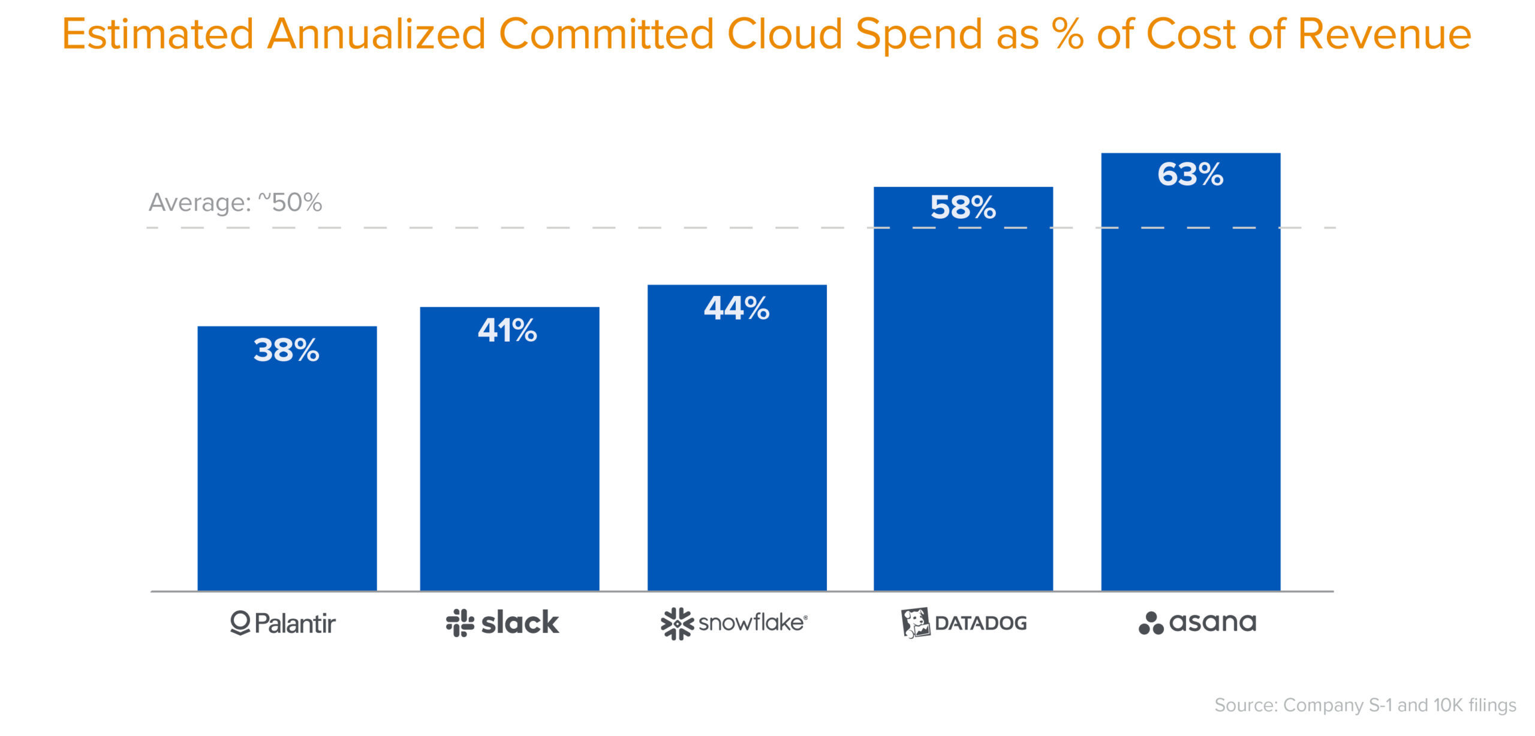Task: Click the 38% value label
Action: (x=286, y=350)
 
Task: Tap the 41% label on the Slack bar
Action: (x=507, y=330)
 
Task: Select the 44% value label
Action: (x=736, y=308)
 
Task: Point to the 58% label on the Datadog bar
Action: (x=963, y=207)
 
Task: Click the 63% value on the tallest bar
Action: (x=1190, y=174)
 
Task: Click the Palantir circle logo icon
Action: (x=240, y=623)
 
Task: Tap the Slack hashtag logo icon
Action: (x=460, y=623)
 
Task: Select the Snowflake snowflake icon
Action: (x=677, y=623)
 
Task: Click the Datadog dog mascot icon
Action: (x=915, y=623)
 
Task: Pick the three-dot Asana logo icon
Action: (x=1151, y=623)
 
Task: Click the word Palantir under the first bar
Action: (x=295, y=623)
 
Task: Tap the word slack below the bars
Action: (x=520, y=623)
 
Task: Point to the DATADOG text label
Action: (x=980, y=623)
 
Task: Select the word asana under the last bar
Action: (x=1212, y=623)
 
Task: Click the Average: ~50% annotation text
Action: (x=235, y=203)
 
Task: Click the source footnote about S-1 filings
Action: (x=1365, y=705)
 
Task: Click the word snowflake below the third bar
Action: (x=752, y=623)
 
